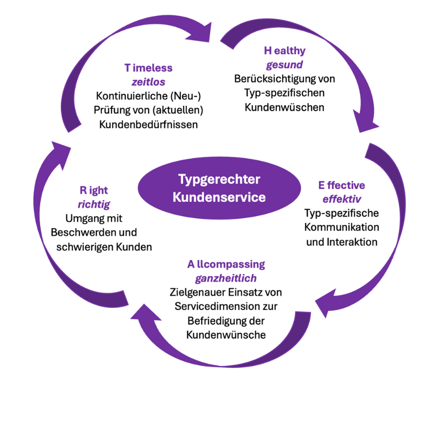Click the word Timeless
point(148,68)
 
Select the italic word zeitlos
point(148,82)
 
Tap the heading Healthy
point(285,51)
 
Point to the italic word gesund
point(284,65)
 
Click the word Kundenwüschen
point(284,108)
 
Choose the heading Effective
point(341,185)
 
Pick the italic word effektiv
point(342,199)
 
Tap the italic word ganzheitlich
point(226,278)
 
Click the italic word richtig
point(94,204)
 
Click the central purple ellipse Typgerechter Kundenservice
point(219,188)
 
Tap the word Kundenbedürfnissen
point(148,124)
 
